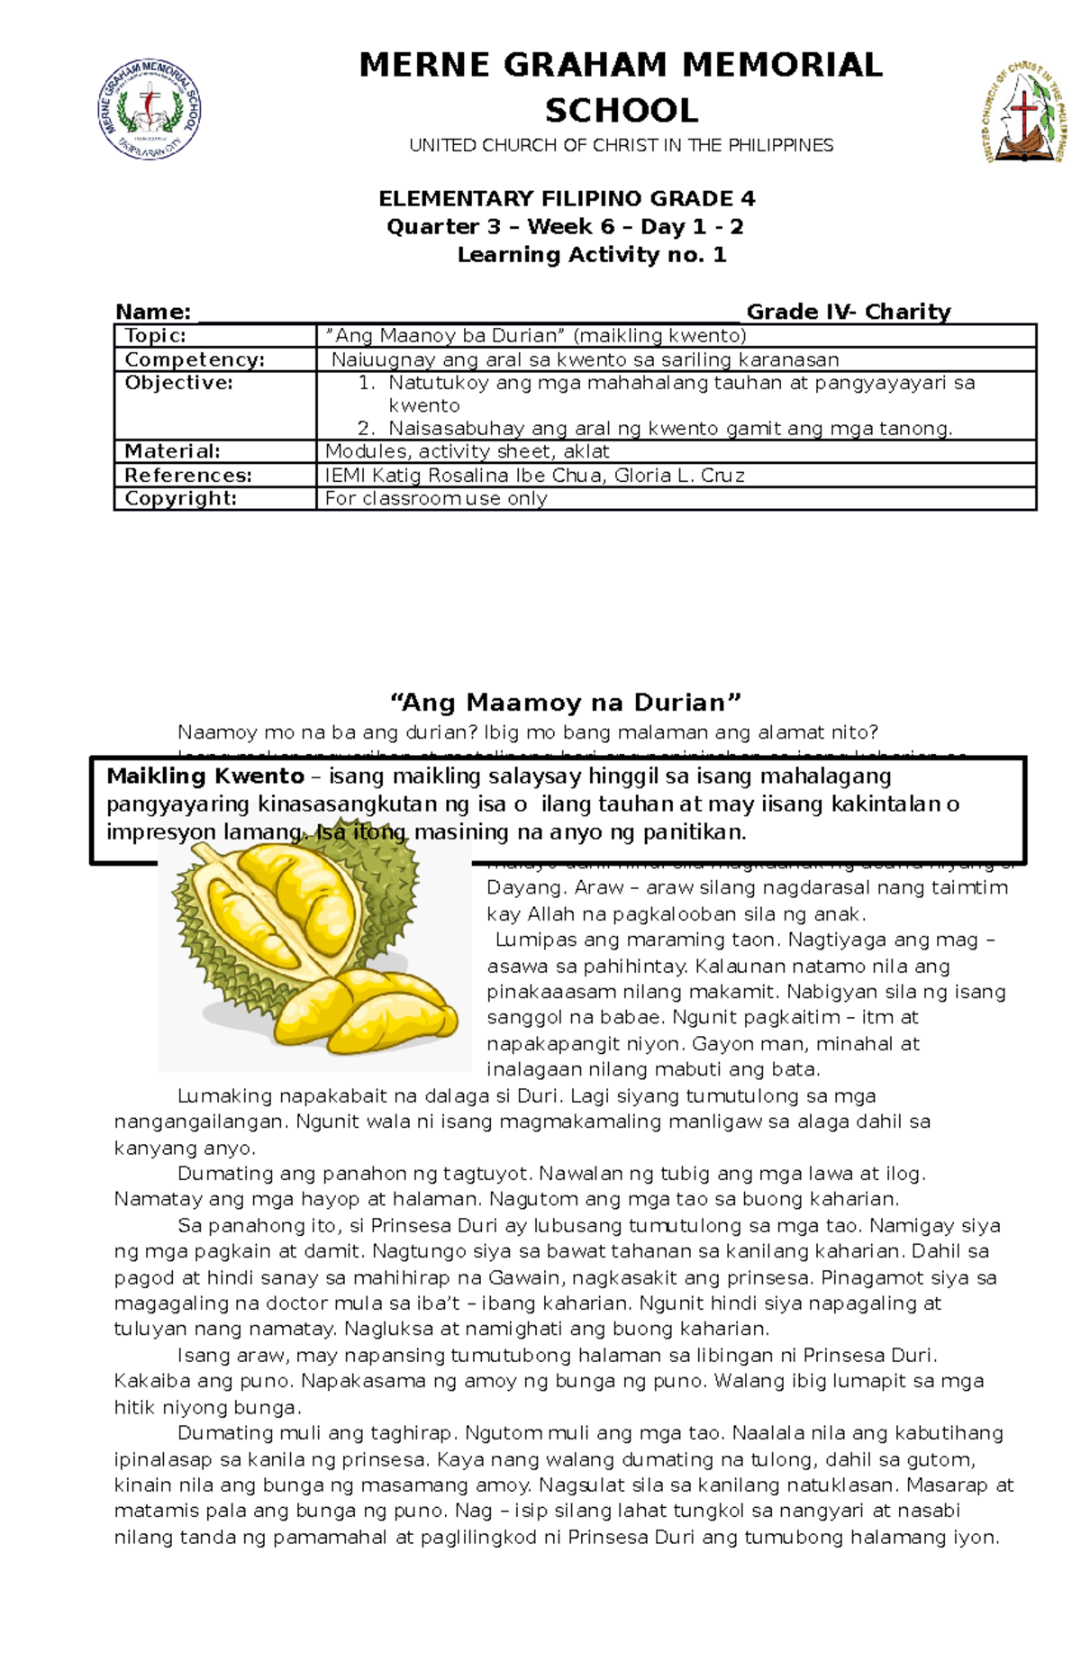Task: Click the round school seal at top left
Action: pyautogui.click(x=150, y=110)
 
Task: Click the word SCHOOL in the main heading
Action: pyautogui.click(x=621, y=111)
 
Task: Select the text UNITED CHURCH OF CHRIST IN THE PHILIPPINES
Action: pyautogui.click(x=621, y=145)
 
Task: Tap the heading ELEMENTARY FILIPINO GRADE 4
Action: pyautogui.click(x=567, y=198)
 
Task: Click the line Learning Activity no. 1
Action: pyautogui.click(x=591, y=255)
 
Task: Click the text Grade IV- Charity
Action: pyautogui.click(x=848, y=312)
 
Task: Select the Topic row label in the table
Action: pyautogui.click(x=155, y=336)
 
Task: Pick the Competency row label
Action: pyautogui.click(x=195, y=359)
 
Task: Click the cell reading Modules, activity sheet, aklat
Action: pyautogui.click(x=467, y=451)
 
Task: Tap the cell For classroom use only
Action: pyautogui.click(x=436, y=498)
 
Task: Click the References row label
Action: pyautogui.click(x=187, y=475)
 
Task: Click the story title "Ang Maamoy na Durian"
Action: pyautogui.click(x=565, y=703)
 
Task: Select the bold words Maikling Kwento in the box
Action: pyautogui.click(x=205, y=776)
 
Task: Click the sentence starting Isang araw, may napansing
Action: pyautogui.click(x=557, y=1356)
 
